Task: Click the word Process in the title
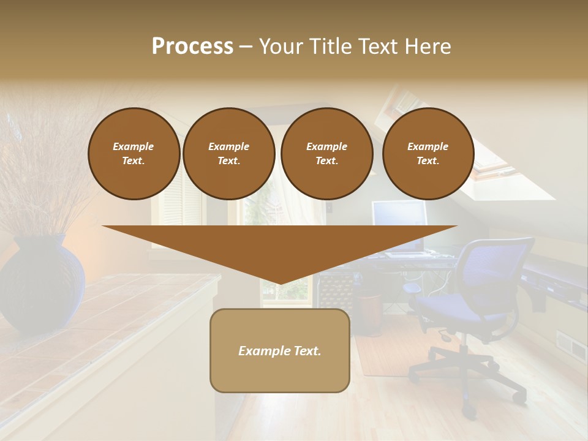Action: point(192,46)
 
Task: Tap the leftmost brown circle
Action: point(134,153)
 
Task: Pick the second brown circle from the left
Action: point(228,153)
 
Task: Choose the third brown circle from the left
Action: point(326,153)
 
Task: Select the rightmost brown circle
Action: point(428,153)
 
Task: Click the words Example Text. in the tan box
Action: point(280,351)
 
